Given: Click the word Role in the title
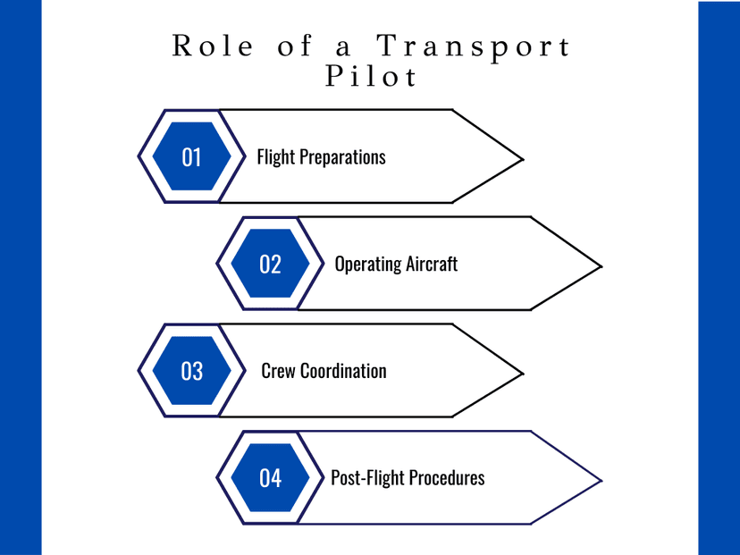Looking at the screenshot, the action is pyautogui.click(x=213, y=46).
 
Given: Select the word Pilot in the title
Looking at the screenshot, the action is pyautogui.click(x=371, y=75).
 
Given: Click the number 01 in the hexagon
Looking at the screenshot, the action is pyautogui.click(x=191, y=157).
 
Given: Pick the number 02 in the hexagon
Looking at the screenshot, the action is pyautogui.click(x=270, y=265).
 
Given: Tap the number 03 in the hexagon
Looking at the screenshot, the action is pyautogui.click(x=191, y=371).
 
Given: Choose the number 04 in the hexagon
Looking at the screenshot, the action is pyautogui.click(x=271, y=478).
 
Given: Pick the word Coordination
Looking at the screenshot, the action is pyautogui.click(x=343, y=371).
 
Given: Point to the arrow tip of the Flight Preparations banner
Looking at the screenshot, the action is pyautogui.click(x=523, y=159).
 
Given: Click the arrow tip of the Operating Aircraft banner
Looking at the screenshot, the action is pyautogui.click(x=601, y=266).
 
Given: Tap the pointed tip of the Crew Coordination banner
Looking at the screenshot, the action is pyautogui.click(x=523, y=374).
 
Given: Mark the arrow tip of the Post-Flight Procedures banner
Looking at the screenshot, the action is pyautogui.click(x=601, y=481).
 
